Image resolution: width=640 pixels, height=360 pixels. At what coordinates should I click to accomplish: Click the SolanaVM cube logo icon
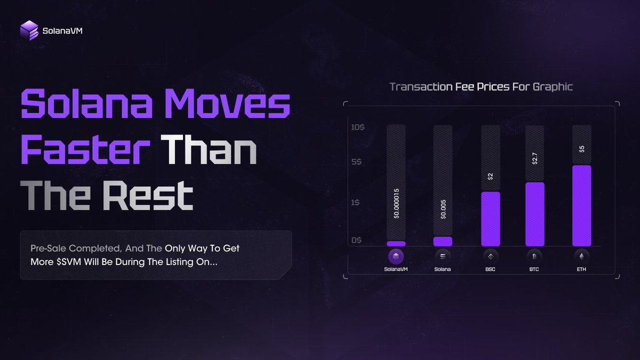(x=29, y=30)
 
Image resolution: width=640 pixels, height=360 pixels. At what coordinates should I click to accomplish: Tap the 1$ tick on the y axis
(x=357, y=203)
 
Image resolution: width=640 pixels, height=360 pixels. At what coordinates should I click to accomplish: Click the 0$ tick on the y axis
(x=357, y=240)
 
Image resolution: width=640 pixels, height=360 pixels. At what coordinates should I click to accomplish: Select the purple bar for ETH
(x=581, y=206)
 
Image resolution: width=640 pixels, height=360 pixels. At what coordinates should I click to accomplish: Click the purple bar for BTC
(x=535, y=214)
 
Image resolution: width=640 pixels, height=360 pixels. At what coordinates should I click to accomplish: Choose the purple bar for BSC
(x=491, y=219)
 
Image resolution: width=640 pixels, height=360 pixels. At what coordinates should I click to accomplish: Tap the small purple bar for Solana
(x=443, y=242)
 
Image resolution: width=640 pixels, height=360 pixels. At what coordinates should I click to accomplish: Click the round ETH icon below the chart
(x=581, y=257)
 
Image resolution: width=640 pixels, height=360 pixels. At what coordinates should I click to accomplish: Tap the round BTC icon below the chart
(x=535, y=257)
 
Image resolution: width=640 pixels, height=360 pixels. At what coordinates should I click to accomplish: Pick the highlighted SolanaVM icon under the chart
(x=396, y=257)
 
